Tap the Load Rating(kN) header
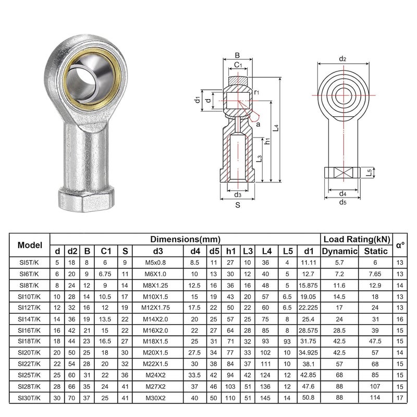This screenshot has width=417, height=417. (x=357, y=239)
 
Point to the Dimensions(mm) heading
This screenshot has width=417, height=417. (x=185, y=239)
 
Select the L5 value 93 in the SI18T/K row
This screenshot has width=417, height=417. (x=287, y=342)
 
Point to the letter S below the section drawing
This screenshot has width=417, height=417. (x=238, y=205)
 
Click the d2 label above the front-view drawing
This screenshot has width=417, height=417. (x=343, y=58)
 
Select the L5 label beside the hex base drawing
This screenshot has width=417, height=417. (x=369, y=171)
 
